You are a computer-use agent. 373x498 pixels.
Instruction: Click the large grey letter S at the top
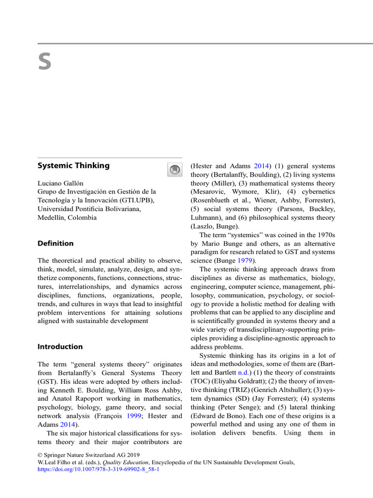point(45,63)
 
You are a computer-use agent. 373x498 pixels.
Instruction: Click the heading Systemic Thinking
point(73,165)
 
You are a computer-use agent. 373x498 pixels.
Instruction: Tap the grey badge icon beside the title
point(174,169)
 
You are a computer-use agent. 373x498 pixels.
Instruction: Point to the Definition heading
point(55,243)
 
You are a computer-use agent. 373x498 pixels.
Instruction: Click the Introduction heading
point(60,347)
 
